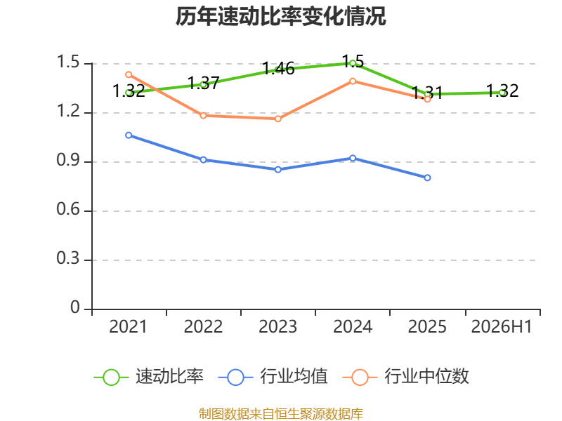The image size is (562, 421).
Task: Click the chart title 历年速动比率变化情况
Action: [280, 16]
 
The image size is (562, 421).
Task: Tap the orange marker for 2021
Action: [129, 74]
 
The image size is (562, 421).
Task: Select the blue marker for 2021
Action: [129, 135]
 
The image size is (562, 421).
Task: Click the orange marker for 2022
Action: [203, 116]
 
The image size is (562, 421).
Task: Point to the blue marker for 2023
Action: [278, 170]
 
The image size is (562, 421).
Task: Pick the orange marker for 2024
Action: [353, 81]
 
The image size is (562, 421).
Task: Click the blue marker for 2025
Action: [427, 178]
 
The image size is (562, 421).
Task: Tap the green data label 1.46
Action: [278, 68]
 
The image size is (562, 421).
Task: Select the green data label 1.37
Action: [204, 83]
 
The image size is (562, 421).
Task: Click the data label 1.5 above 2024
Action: [353, 62]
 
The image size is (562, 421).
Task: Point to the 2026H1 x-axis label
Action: [502, 326]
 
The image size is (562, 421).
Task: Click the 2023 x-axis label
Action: [277, 326]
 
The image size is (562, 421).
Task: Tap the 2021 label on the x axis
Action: [129, 326]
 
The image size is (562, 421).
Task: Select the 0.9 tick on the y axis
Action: [68, 160]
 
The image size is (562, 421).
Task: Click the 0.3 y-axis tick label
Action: [68, 258]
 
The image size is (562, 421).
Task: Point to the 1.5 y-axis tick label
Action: [68, 62]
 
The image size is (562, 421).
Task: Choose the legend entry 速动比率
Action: [148, 377]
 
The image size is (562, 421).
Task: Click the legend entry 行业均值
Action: [273, 377]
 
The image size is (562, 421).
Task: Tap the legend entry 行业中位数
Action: [406, 377]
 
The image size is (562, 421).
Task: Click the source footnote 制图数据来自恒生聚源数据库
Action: [281, 413]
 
